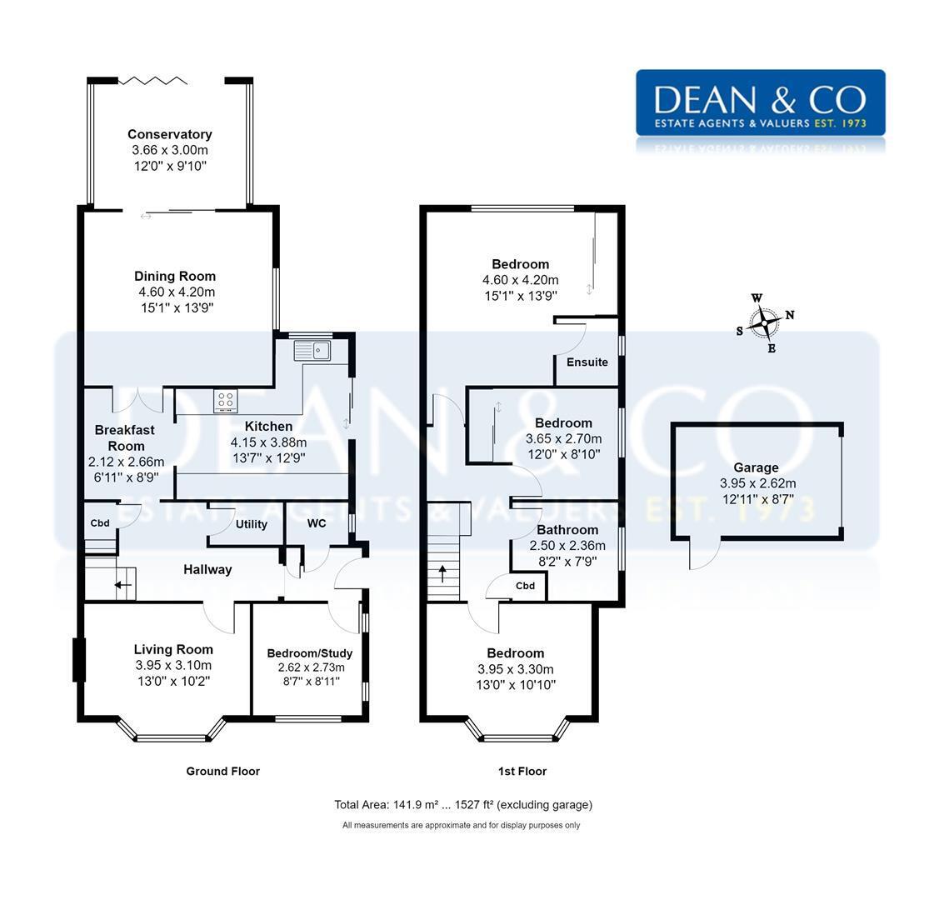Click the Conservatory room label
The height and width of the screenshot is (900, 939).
[x=170, y=134]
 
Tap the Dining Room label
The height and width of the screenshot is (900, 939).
[x=175, y=277]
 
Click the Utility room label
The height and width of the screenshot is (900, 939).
[x=251, y=524]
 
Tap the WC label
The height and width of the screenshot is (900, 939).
[x=317, y=523]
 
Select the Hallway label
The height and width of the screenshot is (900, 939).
[x=207, y=570]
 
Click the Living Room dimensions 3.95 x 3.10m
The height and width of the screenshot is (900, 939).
[x=173, y=666]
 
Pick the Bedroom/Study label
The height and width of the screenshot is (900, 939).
[x=310, y=653]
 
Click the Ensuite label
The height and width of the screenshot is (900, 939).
[x=587, y=362]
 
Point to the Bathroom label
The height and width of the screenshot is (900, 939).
[x=567, y=530]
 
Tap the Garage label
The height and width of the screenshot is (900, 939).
[x=756, y=467]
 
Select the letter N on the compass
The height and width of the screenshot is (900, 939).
[x=790, y=315]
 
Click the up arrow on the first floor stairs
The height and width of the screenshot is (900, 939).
[x=442, y=573]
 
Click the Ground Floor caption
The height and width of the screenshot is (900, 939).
[x=222, y=772]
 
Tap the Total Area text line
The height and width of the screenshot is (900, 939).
[x=463, y=805]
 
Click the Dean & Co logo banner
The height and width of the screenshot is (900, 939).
[x=760, y=102]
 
